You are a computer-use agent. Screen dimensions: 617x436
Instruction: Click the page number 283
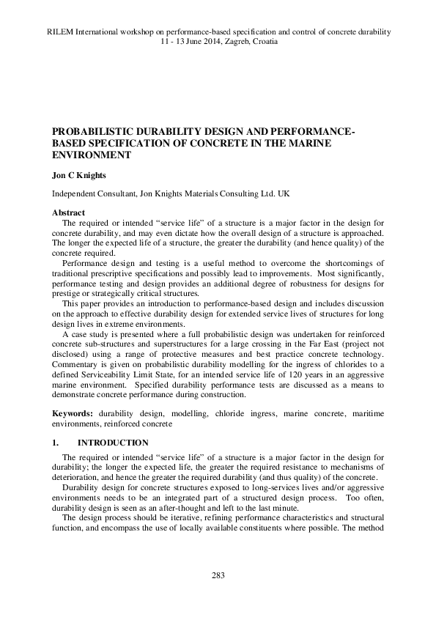coord(217,575)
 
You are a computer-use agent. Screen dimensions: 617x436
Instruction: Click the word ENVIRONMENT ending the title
coord(91,155)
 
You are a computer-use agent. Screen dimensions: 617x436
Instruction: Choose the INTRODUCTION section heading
coord(113,443)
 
